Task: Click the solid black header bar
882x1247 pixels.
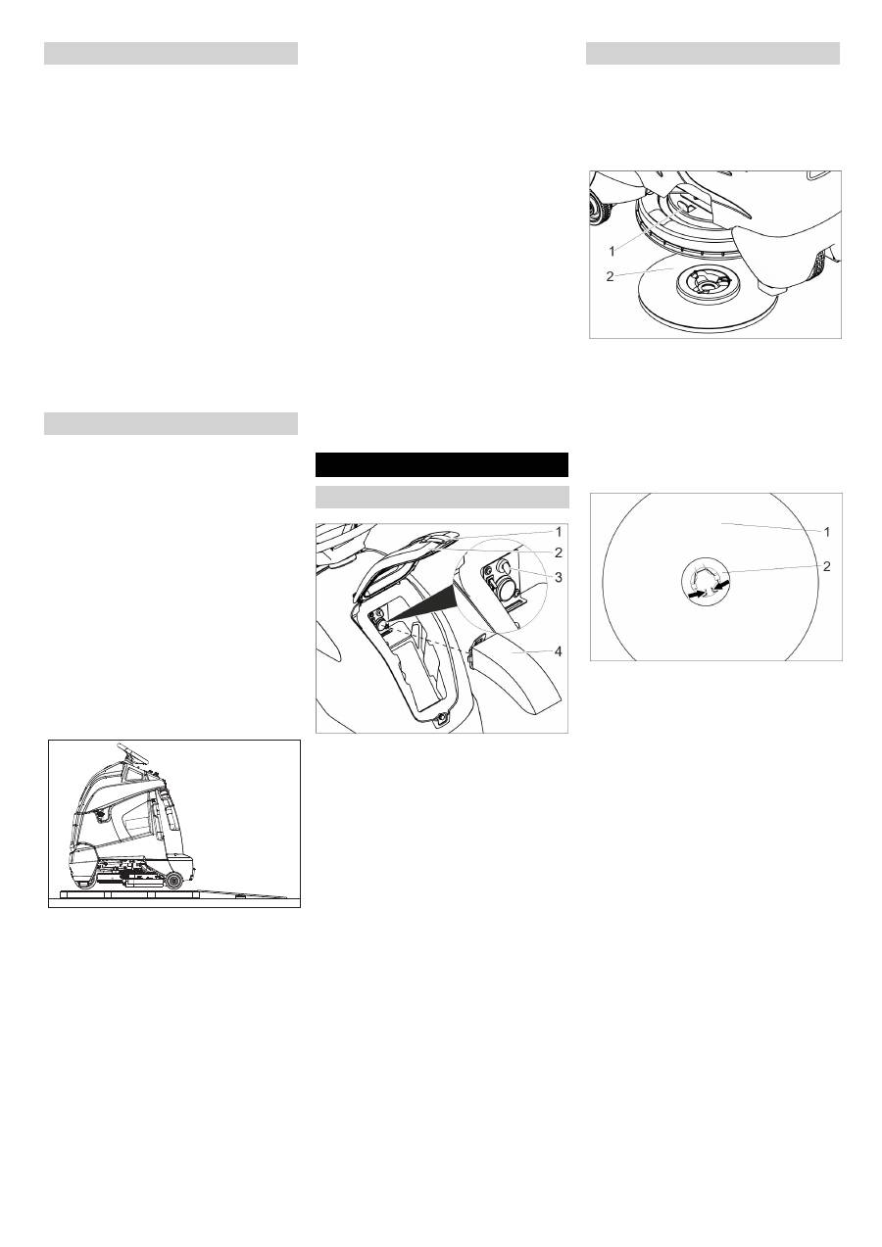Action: point(442,465)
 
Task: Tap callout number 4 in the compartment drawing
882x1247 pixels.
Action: point(558,651)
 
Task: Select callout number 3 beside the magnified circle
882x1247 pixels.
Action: point(558,577)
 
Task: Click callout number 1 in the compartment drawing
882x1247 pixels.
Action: point(559,533)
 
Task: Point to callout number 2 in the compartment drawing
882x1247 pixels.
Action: point(558,552)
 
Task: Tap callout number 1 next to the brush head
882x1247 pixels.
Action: point(612,252)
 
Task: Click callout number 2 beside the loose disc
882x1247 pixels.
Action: point(610,276)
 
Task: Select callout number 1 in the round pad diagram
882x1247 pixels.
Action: point(827,532)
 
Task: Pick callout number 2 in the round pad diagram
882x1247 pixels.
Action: point(827,567)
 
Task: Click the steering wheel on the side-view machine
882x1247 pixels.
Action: point(132,753)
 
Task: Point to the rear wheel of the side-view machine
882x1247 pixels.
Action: point(173,880)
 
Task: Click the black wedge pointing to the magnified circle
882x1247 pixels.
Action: point(423,601)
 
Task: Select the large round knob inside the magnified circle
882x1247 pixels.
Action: point(506,588)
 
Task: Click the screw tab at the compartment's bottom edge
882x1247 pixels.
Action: point(442,719)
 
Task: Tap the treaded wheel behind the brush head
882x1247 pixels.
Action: point(599,207)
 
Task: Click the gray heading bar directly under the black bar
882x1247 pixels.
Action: point(442,497)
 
